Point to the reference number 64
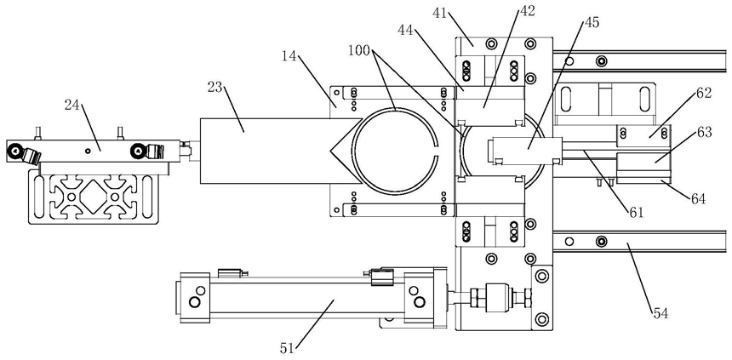(698, 199)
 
